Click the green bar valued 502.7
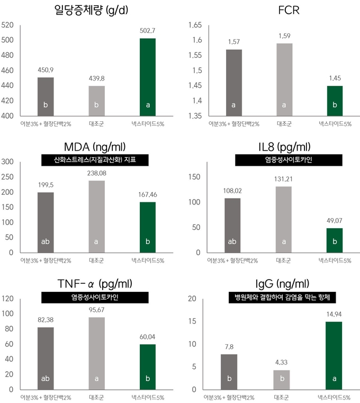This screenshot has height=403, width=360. click(148, 77)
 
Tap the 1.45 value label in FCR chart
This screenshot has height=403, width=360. click(335, 78)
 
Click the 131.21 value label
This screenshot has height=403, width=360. click(284, 179)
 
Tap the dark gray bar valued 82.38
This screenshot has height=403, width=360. click(46, 358)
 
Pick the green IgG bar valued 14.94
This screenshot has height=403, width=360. click(335, 355)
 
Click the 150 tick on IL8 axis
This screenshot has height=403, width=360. click(195, 177)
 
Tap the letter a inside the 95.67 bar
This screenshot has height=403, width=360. click(97, 379)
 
